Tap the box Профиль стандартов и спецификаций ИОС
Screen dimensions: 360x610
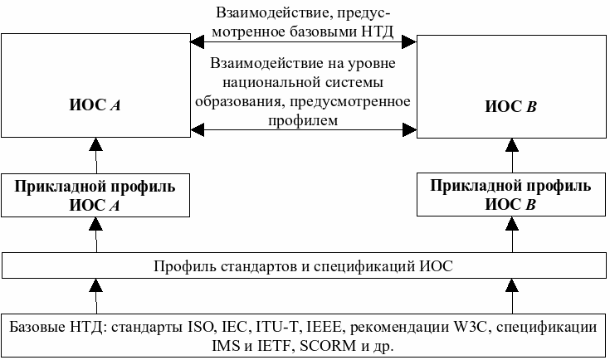(304, 267)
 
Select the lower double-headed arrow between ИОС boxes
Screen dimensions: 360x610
(304, 129)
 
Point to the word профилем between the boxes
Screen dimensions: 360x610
(304, 119)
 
